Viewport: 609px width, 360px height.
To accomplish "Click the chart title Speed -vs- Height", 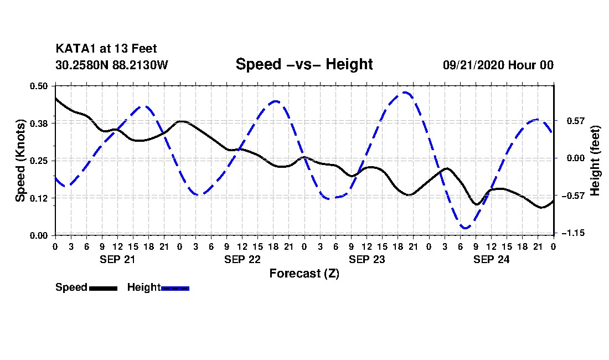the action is click(x=304, y=64).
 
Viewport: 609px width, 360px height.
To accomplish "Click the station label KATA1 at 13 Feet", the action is click(x=106, y=49).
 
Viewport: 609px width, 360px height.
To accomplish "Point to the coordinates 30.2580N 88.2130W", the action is click(x=111, y=65).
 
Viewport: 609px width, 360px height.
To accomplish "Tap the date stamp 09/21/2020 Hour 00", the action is click(x=498, y=65).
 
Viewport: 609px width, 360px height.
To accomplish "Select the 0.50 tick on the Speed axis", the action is click(x=39, y=86).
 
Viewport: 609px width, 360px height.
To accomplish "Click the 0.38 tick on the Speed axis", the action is click(x=39, y=124).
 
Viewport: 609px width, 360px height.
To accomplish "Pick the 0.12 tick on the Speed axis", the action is click(x=39, y=198).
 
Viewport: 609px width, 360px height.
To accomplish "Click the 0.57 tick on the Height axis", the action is click(x=576, y=121).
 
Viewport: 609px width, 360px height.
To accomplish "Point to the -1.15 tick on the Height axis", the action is click(x=573, y=233).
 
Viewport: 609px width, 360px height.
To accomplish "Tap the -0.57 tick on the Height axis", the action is click(x=573, y=196).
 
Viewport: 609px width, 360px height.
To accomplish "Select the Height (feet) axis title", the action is click(x=595, y=161).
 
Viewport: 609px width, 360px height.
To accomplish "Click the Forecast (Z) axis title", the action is click(x=304, y=274).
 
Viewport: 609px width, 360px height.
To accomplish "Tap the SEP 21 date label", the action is click(x=117, y=259).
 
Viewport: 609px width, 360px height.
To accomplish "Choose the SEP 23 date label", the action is click(x=367, y=259).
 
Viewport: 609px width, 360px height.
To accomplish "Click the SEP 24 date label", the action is click(x=491, y=259).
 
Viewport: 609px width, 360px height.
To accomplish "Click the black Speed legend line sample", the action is click(x=104, y=288).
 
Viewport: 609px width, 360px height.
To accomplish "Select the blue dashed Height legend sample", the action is click(x=175, y=288).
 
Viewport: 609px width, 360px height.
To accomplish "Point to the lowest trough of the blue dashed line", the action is click(x=465, y=228).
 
